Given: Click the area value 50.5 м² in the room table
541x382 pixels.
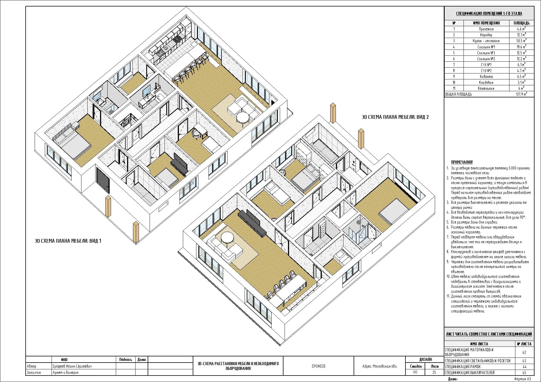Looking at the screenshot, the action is (x=521, y=41).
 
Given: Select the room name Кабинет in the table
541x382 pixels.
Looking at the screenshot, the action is (x=486, y=77).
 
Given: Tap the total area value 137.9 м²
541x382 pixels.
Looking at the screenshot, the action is (x=521, y=94).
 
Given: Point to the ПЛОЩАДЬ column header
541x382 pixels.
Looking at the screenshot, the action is (x=522, y=23).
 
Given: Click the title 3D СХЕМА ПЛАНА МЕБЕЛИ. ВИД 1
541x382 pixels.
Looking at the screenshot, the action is (x=68, y=241).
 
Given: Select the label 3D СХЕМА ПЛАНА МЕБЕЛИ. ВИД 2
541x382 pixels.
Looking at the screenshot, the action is (x=395, y=117).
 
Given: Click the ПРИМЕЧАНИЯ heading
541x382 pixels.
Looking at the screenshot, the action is (x=462, y=162).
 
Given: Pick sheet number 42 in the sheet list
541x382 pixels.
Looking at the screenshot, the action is (x=524, y=352).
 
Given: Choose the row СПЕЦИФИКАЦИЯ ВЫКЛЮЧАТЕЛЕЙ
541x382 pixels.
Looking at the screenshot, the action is (x=470, y=373).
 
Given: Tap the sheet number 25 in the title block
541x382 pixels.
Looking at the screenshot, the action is (x=434, y=372).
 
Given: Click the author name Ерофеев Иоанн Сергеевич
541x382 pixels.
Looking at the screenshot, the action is (x=72, y=366).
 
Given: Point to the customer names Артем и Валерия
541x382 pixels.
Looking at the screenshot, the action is (x=66, y=372).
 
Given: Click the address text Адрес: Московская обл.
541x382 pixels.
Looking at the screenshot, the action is (x=380, y=366).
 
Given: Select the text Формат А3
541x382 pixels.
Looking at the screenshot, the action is (x=522, y=379).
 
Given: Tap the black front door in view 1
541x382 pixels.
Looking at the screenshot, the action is (x=103, y=180).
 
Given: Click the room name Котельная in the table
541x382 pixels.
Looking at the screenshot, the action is (x=486, y=88).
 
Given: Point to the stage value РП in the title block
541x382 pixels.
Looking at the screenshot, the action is (x=415, y=372).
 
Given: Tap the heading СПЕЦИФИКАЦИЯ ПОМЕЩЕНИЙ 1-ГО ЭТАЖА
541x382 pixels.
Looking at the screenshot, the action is (x=489, y=14).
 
